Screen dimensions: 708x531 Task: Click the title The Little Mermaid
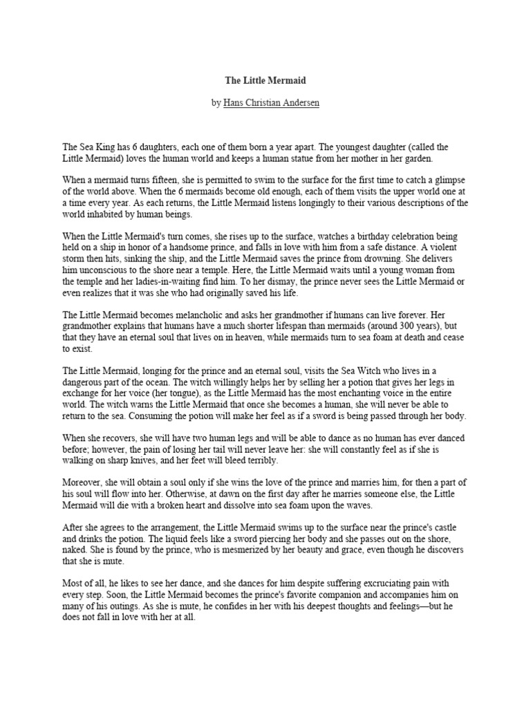coord(265,81)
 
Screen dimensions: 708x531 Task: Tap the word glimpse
coord(448,180)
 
